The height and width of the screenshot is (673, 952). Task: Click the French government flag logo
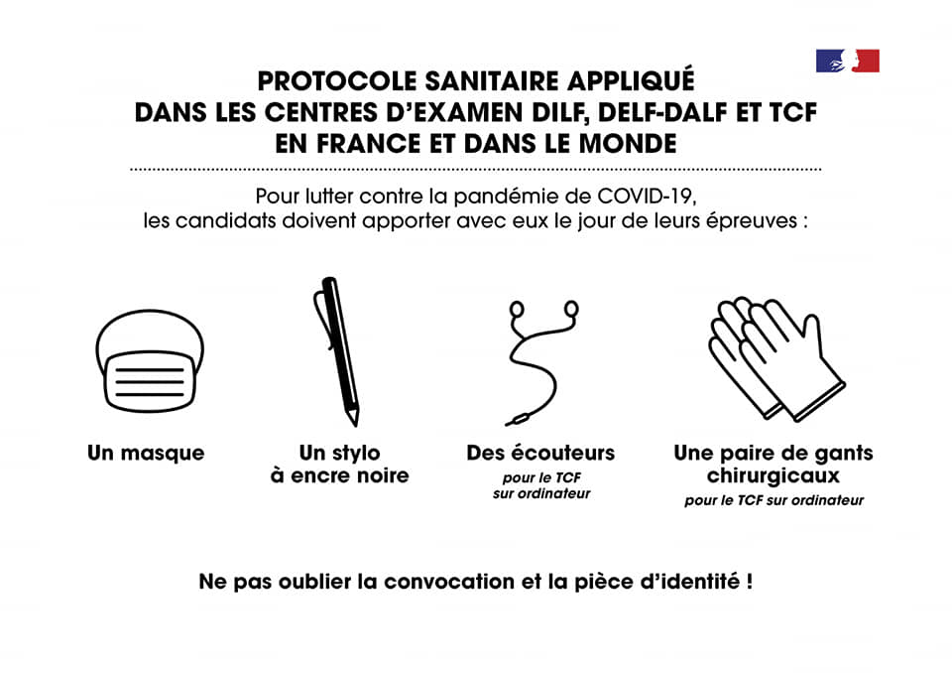coord(848,61)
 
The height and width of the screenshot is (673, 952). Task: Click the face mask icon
coord(150,361)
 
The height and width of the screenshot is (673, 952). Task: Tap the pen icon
coord(336,351)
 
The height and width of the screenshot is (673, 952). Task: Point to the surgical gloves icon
coord(776,358)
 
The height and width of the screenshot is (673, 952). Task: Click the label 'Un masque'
coord(146,453)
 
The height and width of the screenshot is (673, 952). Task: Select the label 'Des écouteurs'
coord(540,453)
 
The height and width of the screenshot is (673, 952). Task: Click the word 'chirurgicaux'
coord(773,475)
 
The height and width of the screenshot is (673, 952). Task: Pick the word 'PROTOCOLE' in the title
coord(337,80)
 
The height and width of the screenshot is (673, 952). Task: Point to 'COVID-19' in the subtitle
coord(646,197)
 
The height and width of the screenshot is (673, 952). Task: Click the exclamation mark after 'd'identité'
coord(750,582)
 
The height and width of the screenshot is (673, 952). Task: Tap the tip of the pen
coord(355,425)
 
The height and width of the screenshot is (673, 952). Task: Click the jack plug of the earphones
coord(516,420)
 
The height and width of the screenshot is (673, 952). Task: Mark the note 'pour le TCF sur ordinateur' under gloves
coord(774,500)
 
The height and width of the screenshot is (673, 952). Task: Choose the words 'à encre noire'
coord(339,475)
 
